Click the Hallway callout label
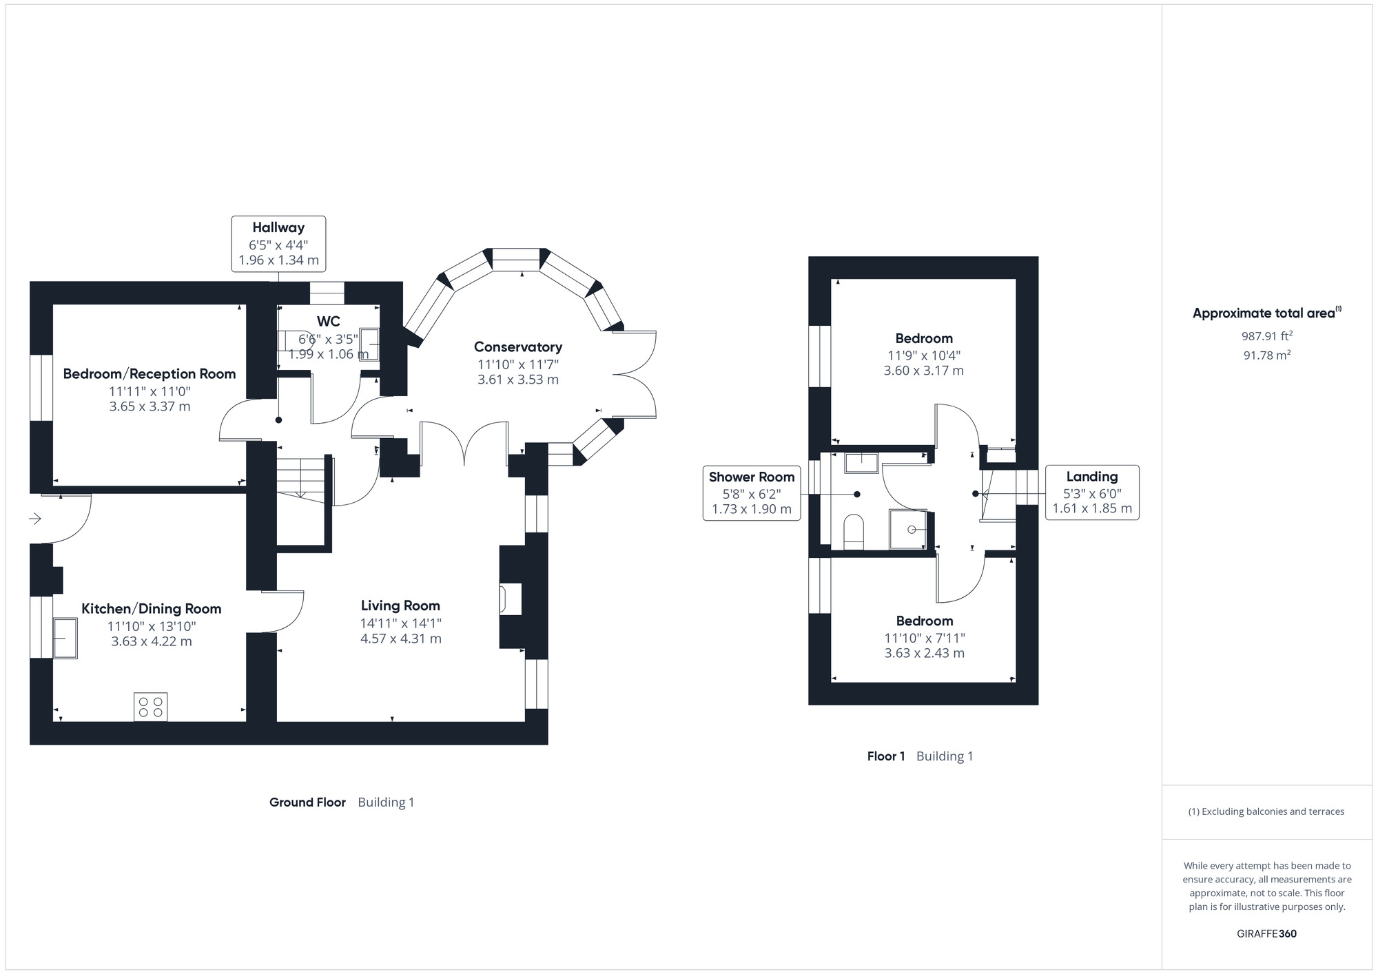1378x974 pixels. [278, 243]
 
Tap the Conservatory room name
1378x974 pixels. [518, 347]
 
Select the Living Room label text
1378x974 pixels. [400, 606]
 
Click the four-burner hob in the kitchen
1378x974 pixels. [150, 707]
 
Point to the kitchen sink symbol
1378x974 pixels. [65, 638]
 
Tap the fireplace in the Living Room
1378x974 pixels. [511, 599]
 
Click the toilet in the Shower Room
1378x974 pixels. [854, 531]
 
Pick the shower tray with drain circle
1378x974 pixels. [909, 529]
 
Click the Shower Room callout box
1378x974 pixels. [751, 493]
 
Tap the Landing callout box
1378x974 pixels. [1092, 493]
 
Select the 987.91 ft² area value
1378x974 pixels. [1266, 336]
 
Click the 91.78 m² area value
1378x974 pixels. [1266, 355]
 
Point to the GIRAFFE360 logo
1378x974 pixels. [1266, 934]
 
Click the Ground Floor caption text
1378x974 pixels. [307, 802]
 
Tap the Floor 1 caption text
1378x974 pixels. [886, 756]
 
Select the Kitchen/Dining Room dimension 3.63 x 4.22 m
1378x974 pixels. [152, 641]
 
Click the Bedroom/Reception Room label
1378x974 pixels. [150, 374]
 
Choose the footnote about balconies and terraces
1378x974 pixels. [1266, 811]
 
